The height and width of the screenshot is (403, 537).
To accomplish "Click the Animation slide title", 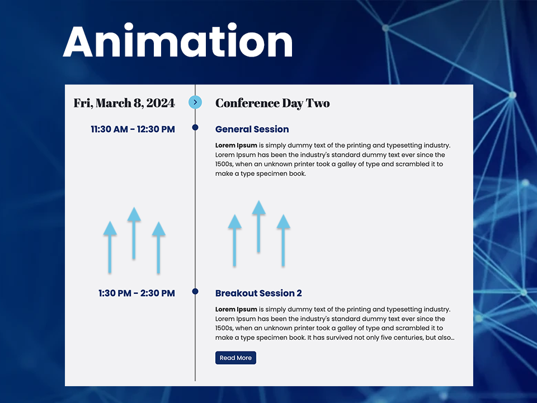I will tap(178, 42).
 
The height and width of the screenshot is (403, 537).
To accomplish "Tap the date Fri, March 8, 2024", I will tap(124, 103).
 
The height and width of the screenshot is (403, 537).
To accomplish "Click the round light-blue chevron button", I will tap(195, 102).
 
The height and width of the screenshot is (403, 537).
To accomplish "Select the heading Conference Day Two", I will tap(272, 103).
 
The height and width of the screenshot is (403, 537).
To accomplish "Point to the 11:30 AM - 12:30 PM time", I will tap(133, 129).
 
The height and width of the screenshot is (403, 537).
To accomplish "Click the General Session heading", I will tap(252, 129).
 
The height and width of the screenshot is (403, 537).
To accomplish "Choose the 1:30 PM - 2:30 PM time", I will tap(136, 293).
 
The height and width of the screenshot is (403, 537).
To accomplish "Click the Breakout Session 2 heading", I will tap(258, 293).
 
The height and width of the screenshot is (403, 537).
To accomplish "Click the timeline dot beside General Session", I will tap(195, 128).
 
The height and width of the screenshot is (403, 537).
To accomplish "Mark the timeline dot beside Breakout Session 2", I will tap(195, 292).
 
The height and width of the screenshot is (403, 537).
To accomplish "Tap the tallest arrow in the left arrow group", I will tap(134, 232).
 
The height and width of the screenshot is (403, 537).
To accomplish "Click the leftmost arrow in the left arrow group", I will tap(110, 246).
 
